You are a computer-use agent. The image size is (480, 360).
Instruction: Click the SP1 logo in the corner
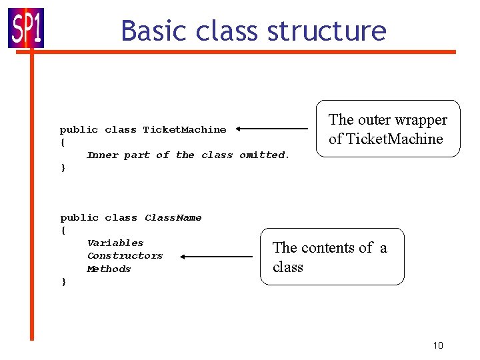tap(26, 28)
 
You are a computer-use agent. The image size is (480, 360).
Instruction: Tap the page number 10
tap(438, 345)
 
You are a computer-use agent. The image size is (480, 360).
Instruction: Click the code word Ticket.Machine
tap(185, 129)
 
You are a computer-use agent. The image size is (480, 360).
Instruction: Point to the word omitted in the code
tap(264, 155)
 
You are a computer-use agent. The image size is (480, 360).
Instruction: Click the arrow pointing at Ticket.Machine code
tap(271, 129)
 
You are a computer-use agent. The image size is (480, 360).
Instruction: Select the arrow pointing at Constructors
tap(215, 256)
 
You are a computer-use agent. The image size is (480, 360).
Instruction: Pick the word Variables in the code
tap(115, 243)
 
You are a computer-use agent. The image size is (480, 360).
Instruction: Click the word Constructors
tap(125, 256)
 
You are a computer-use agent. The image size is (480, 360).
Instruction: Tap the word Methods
tap(109, 269)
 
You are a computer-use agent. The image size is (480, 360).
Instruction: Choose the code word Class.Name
tap(173, 218)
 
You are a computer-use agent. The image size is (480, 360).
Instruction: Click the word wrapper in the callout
tap(419, 120)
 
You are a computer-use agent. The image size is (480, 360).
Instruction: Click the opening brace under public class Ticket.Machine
tap(63, 142)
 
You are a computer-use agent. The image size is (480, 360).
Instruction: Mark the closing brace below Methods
tap(63, 282)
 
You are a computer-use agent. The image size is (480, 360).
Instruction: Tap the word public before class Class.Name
tap(79, 218)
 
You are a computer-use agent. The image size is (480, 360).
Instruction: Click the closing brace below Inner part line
tap(63, 167)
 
